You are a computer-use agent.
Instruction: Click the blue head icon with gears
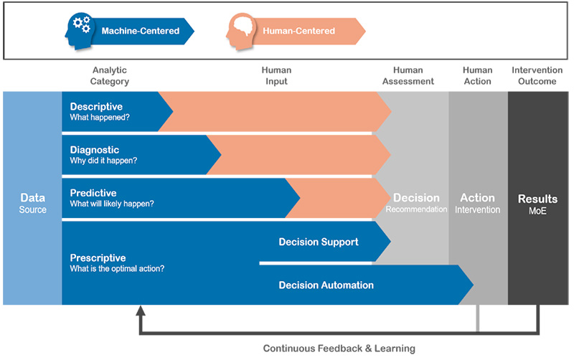pos(80,32)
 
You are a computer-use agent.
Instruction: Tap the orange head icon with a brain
pos(240,32)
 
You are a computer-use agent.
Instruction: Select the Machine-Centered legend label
pos(141,31)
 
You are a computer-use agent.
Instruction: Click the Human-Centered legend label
pos(298,31)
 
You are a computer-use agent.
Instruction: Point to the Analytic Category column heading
pos(110,76)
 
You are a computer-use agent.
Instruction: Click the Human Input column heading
pos(276,76)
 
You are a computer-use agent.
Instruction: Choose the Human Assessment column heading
pos(408,76)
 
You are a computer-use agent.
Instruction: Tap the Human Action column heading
pos(478,76)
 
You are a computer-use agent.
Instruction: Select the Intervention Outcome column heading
pos(537,76)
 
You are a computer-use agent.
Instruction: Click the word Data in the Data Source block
pos(32,197)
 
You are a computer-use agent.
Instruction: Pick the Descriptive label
pos(96,106)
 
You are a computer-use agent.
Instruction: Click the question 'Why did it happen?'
pos(103,161)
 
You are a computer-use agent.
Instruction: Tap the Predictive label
pos(93,193)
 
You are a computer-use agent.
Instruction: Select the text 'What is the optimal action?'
pos(117,268)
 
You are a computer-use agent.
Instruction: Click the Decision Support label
pos(319,242)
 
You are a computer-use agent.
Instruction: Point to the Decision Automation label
pos(326,285)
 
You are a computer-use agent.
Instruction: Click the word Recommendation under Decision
pos(416,209)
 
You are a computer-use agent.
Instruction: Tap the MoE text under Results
pos(537,211)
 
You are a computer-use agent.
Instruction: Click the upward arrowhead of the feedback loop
pos(141,311)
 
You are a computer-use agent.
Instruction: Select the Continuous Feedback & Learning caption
pos(339,349)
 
